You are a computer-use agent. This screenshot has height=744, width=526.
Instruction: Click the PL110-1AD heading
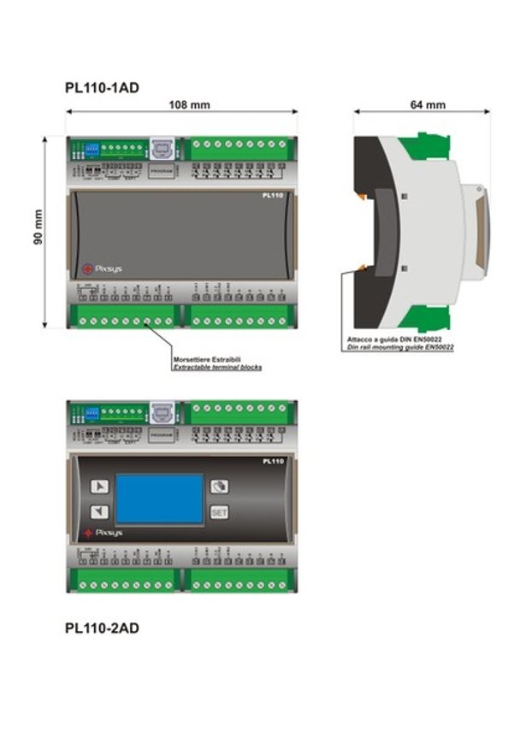point(102,87)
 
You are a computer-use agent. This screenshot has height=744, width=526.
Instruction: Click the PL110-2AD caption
point(102,629)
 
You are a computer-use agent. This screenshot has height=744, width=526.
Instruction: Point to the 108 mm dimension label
point(191,105)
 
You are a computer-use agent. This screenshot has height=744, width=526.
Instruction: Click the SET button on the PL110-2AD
point(220,513)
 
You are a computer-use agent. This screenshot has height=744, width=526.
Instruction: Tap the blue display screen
point(159,499)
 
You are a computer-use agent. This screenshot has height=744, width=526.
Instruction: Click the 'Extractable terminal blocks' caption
point(217,367)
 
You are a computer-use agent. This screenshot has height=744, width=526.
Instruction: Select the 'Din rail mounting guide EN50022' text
point(400,348)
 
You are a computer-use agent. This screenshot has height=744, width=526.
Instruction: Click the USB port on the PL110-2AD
point(161,414)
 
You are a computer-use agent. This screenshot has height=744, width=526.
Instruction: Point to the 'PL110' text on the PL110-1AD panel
point(273,196)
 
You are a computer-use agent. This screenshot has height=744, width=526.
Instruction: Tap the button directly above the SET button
point(220,486)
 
